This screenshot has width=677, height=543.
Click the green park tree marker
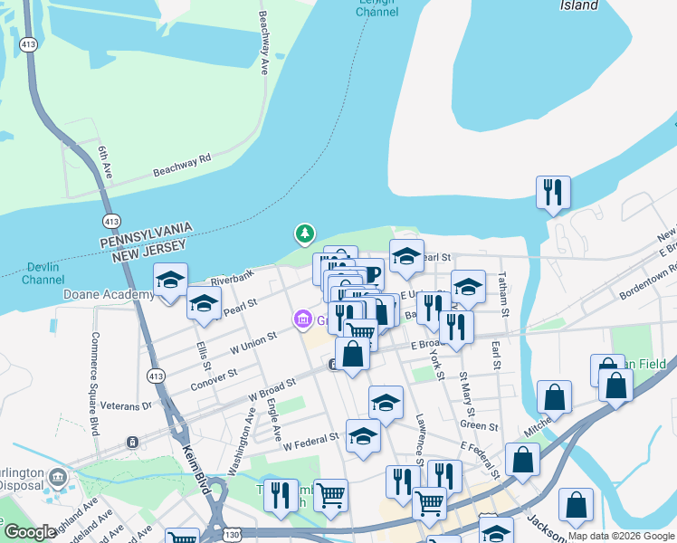click(x=305, y=234)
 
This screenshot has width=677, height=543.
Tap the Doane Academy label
click(x=108, y=295)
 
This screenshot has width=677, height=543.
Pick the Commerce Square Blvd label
click(x=94, y=384)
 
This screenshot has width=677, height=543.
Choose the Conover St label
click(x=215, y=379)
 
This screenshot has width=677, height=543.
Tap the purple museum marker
click(x=301, y=319)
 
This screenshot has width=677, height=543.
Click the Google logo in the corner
click(x=31, y=532)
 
